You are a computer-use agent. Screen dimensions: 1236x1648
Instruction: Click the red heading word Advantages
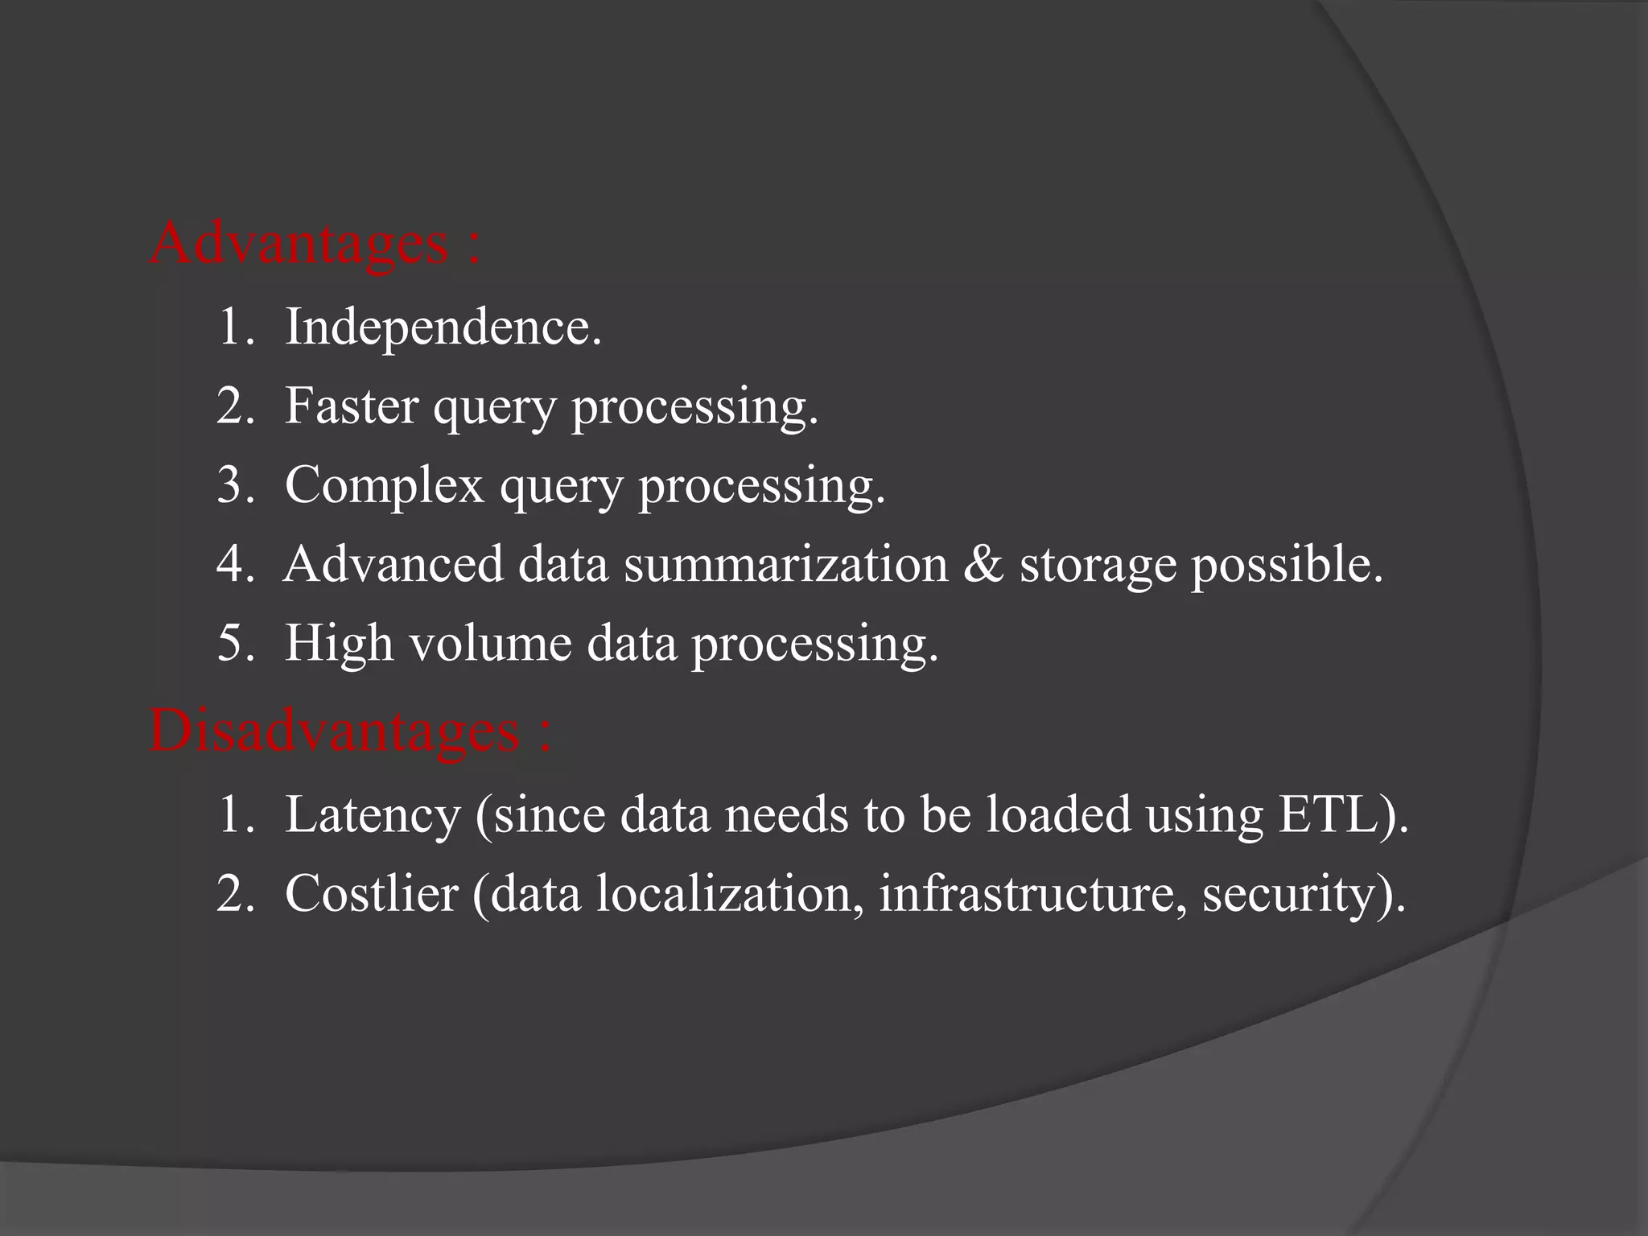[x=298, y=243]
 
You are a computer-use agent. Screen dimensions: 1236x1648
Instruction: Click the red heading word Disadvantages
[x=334, y=731]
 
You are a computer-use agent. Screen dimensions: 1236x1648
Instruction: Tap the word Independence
[x=443, y=328]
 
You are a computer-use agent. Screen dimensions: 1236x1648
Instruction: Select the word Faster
[x=352, y=406]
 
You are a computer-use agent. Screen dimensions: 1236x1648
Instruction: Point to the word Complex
[x=385, y=485]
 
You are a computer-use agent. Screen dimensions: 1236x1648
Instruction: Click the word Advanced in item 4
[x=393, y=563]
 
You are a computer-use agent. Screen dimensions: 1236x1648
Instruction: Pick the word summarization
[x=786, y=563]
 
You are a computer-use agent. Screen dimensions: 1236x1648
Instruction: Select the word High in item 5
[x=339, y=644]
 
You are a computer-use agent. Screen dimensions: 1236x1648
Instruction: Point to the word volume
[x=490, y=644]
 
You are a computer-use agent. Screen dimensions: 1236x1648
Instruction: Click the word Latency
[x=373, y=814]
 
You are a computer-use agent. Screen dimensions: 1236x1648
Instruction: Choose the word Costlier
[x=371, y=893]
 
